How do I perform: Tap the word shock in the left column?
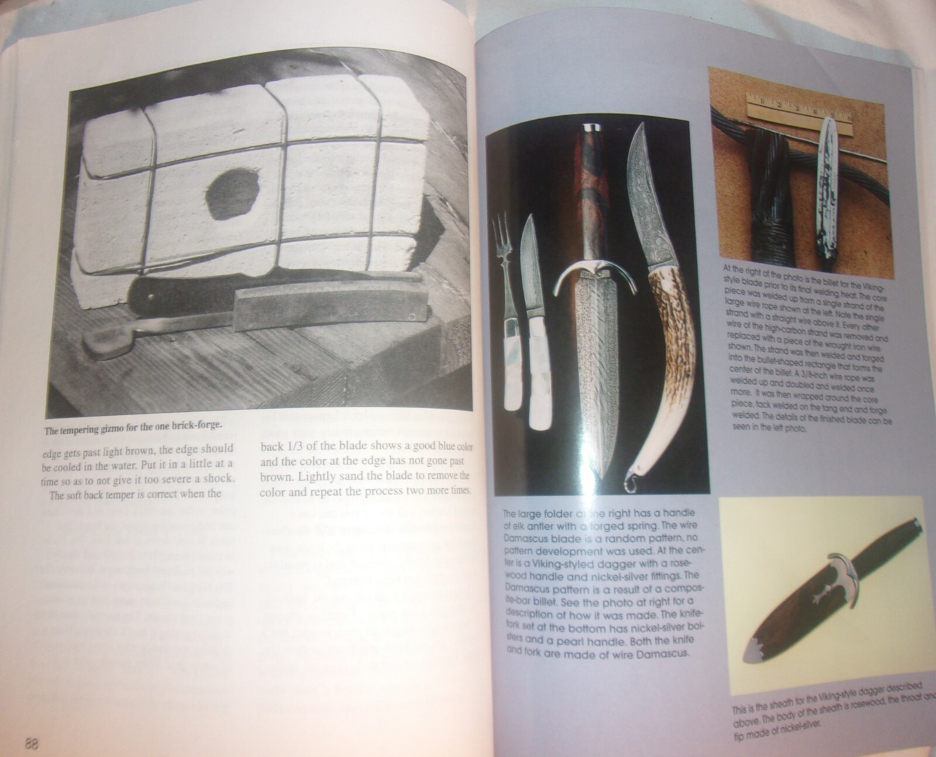coord(215,479)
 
